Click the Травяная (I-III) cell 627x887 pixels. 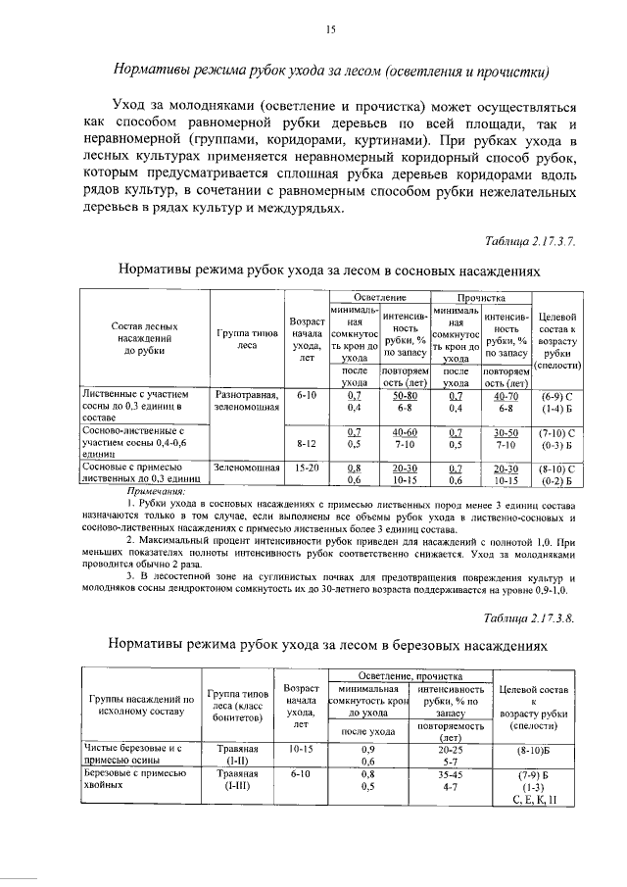coord(236,780)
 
